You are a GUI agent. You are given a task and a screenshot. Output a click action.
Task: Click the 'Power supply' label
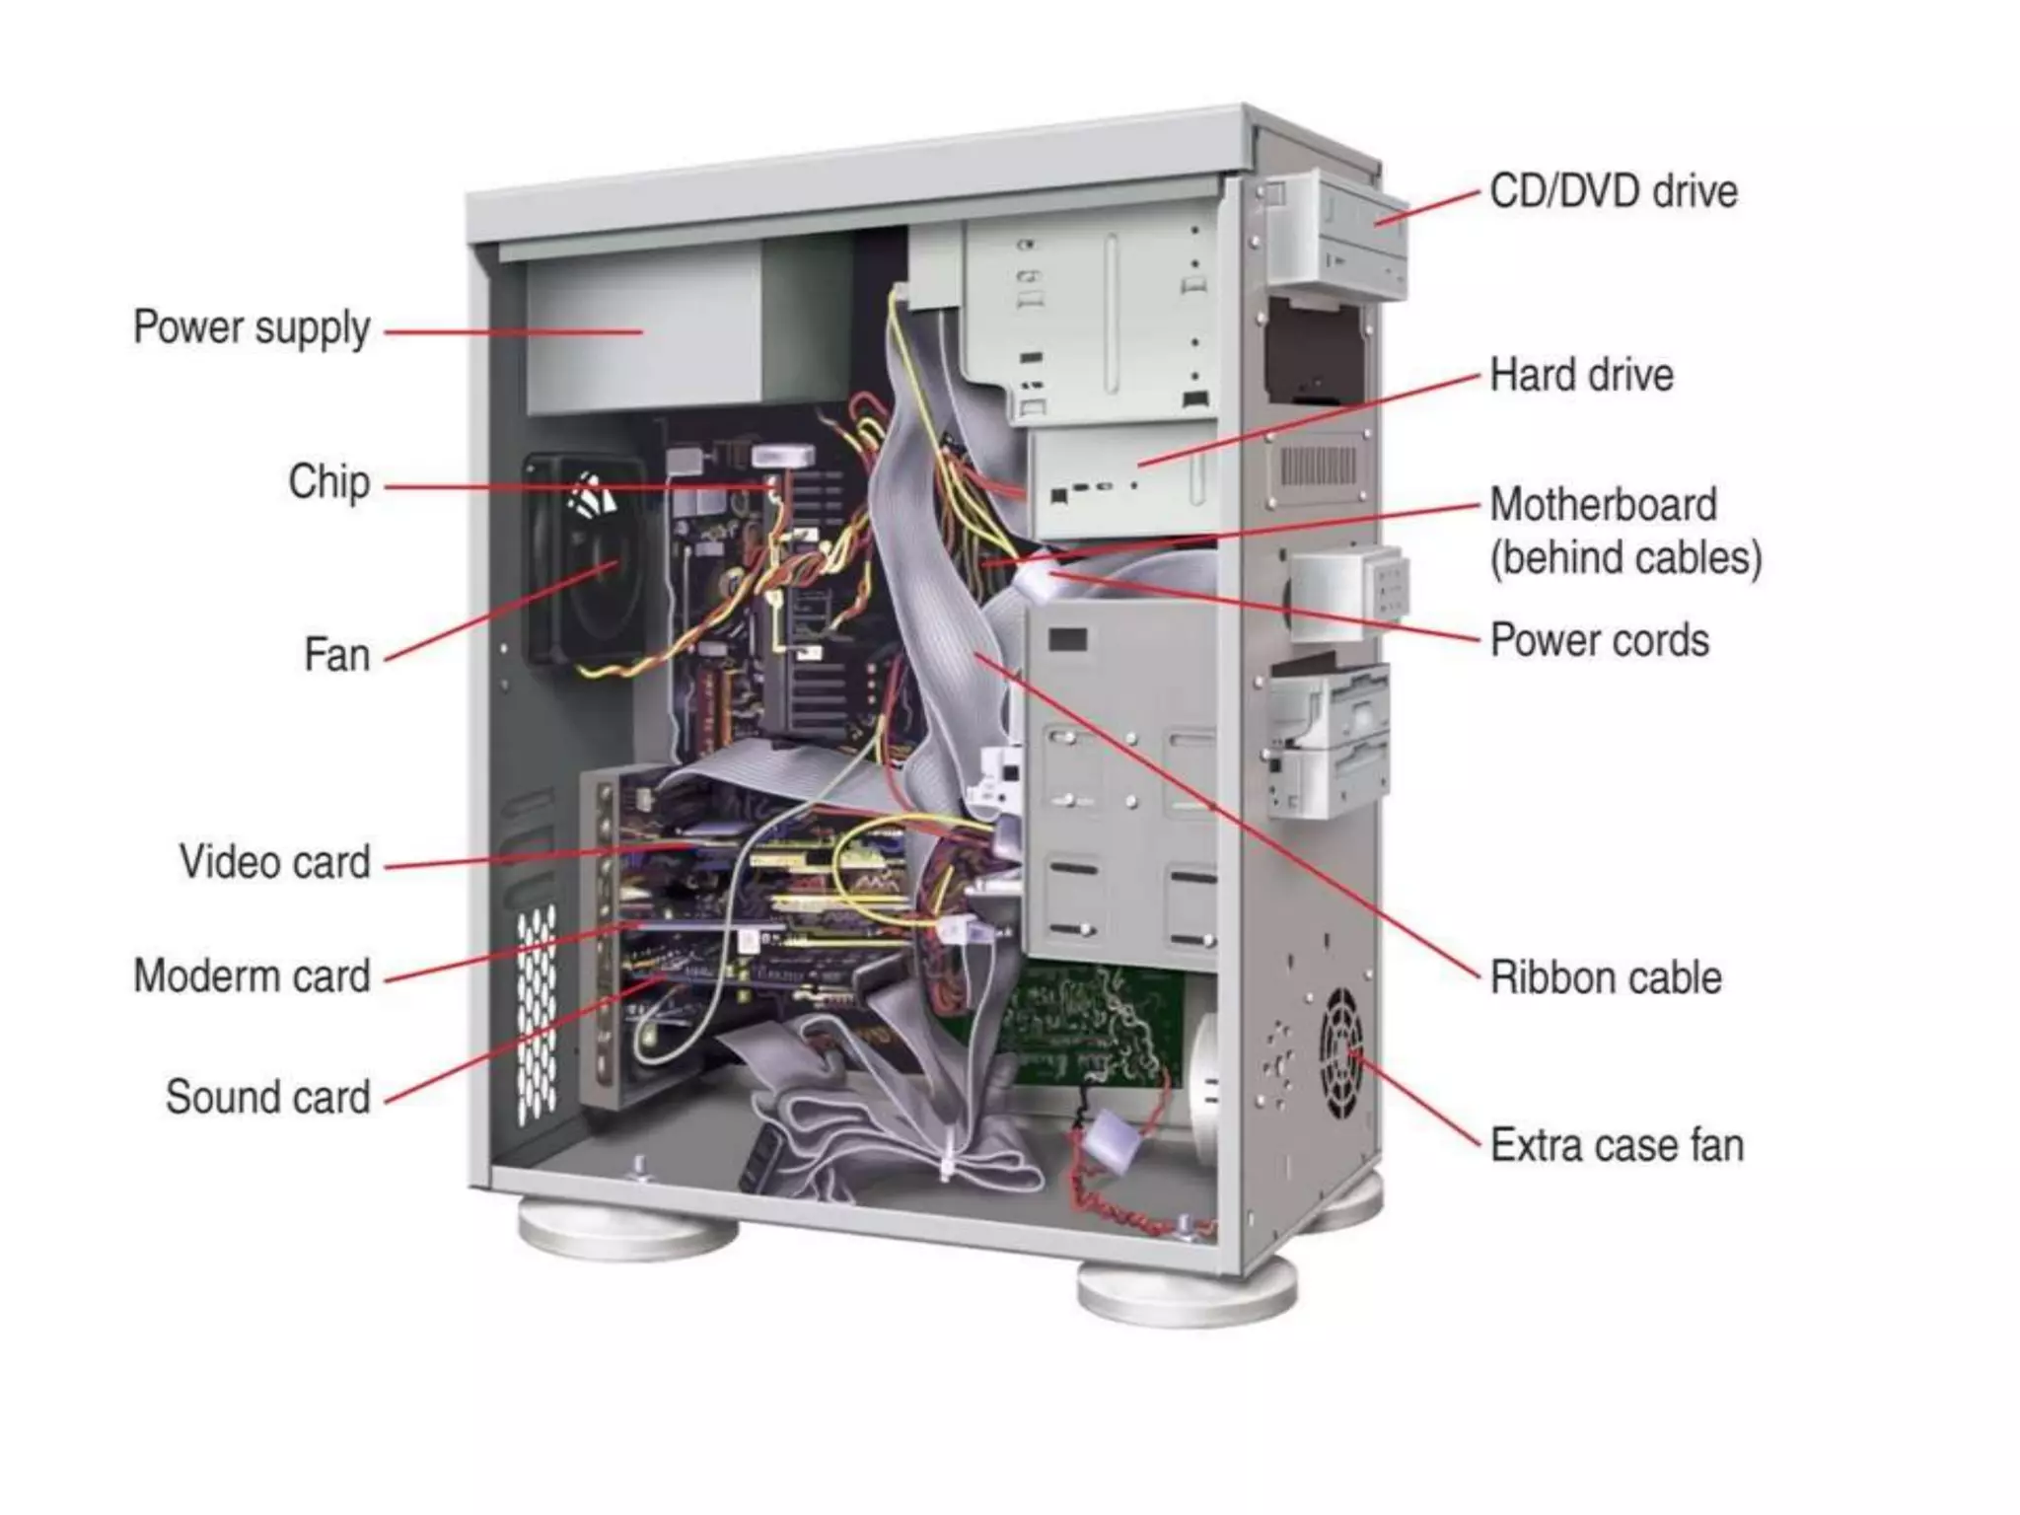click(252, 328)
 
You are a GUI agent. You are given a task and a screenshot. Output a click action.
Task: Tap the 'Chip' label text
click(329, 482)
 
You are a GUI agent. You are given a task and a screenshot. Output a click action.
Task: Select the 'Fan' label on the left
click(337, 655)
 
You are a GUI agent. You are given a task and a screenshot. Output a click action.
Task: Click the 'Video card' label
click(275, 862)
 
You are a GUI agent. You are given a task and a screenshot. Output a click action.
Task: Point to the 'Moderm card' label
click(252, 976)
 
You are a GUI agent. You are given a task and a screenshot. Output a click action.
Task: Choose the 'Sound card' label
click(268, 1097)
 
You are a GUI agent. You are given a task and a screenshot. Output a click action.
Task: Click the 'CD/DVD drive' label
click(1614, 191)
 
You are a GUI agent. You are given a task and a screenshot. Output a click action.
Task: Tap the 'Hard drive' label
click(1582, 376)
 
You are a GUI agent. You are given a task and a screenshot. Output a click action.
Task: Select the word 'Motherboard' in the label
click(1604, 505)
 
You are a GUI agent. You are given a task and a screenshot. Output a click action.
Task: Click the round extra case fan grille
click(1342, 1054)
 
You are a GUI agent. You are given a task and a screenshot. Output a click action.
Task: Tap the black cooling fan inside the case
click(588, 562)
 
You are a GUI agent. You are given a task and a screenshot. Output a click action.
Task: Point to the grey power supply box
click(641, 335)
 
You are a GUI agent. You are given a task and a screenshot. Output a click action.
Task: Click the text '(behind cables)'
click(1625, 558)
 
